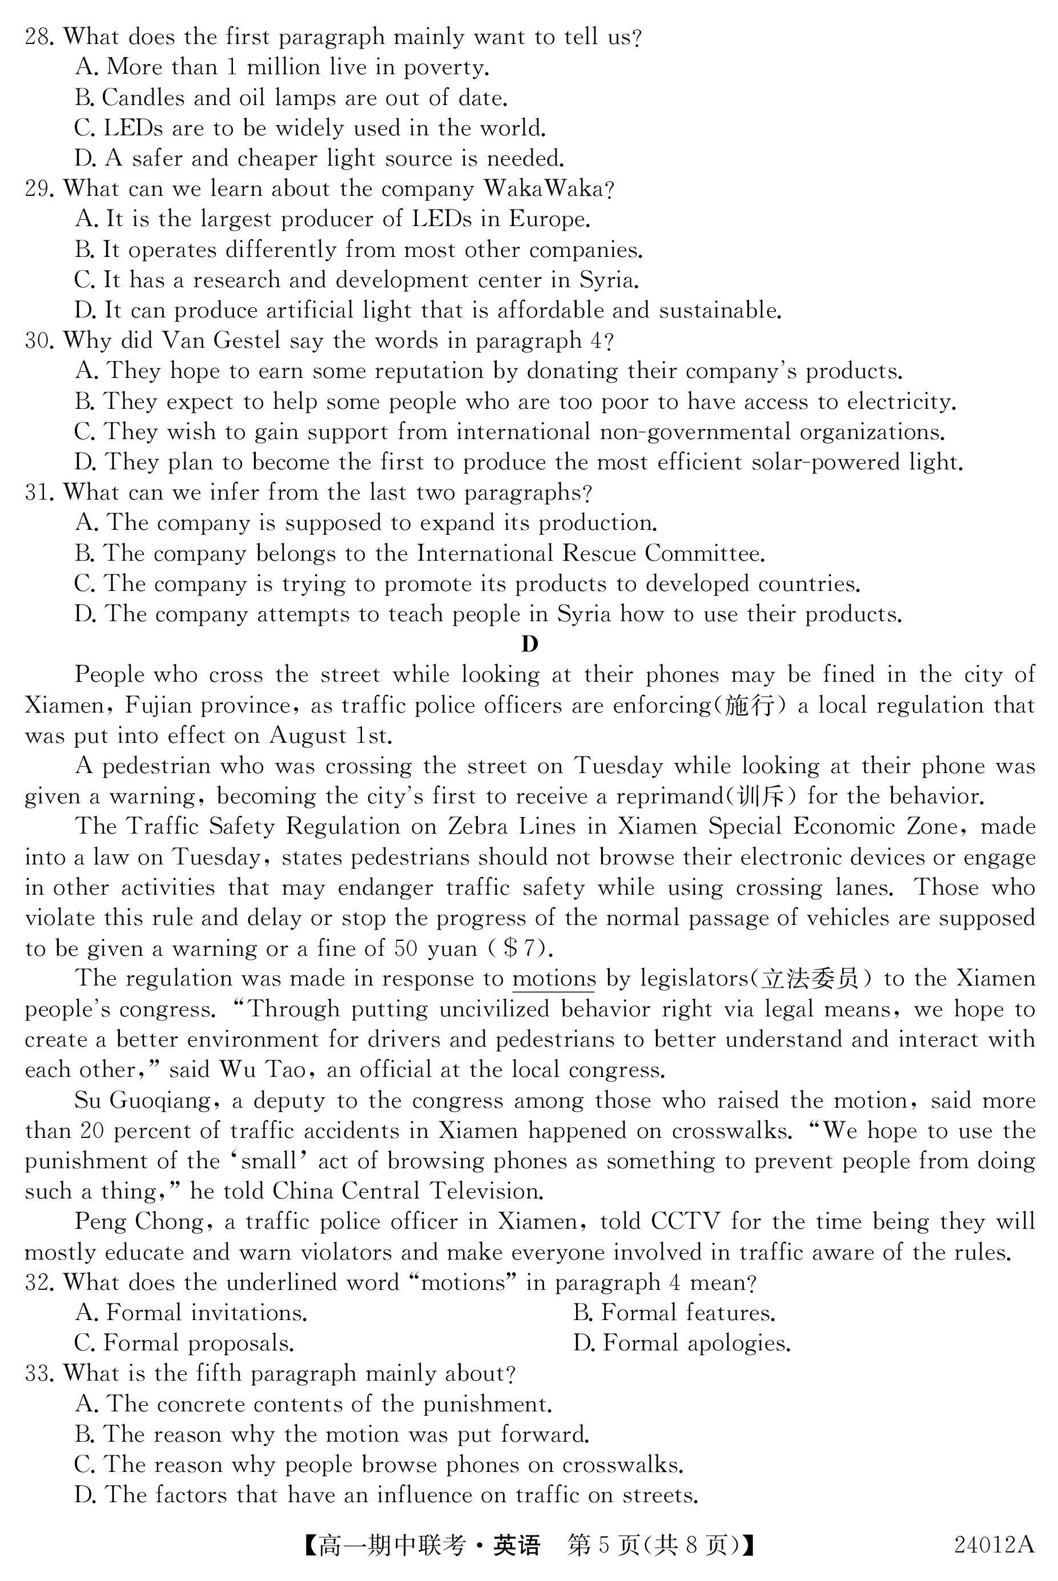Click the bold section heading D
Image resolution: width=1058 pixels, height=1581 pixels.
530,645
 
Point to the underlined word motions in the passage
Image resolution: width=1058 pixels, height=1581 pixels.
554,979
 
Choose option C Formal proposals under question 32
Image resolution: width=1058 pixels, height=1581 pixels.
184,1343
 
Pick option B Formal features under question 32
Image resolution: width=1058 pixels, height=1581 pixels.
674,1313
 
